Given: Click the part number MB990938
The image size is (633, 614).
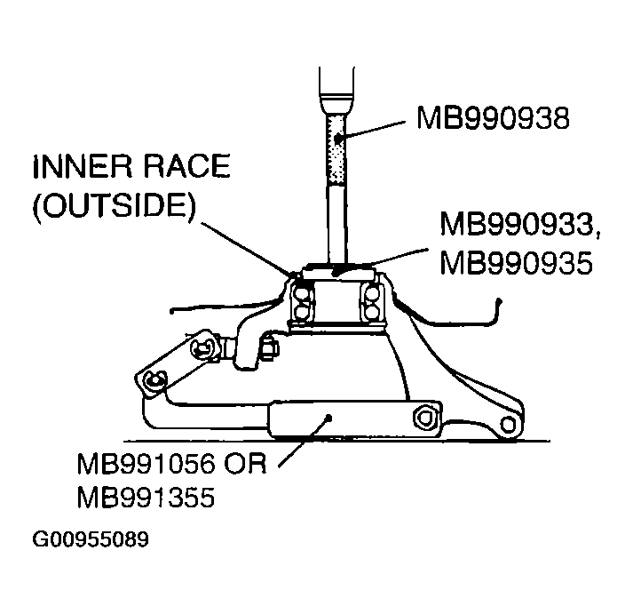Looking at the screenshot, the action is pyautogui.click(x=492, y=117).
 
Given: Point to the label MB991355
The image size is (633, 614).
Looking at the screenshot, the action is pyautogui.click(x=146, y=498).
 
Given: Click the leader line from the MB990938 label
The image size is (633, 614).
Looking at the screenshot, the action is pyautogui.click(x=376, y=128).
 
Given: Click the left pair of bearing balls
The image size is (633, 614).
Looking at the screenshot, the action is pyautogui.click(x=303, y=302).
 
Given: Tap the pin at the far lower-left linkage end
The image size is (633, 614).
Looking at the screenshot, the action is pyautogui.click(x=154, y=382).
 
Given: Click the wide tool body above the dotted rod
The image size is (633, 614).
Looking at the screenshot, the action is pyautogui.click(x=339, y=84).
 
